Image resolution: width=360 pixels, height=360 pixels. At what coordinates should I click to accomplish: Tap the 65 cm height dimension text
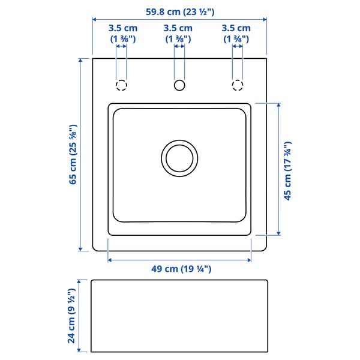point(73,154)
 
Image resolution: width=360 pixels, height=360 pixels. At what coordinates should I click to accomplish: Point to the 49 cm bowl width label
point(179,269)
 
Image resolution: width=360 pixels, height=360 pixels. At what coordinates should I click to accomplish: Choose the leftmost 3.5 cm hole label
point(122,33)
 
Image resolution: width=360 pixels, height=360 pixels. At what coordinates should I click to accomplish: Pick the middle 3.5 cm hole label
point(178,33)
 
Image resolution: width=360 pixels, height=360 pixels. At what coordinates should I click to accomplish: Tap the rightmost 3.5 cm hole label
point(236,33)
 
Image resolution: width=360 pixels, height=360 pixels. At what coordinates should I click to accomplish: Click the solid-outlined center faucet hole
point(179,85)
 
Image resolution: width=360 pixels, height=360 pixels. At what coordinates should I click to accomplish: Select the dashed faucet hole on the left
point(121,85)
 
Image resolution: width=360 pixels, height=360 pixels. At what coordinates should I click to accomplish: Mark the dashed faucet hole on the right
point(238,85)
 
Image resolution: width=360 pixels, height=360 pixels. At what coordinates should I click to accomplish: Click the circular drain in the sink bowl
point(179,157)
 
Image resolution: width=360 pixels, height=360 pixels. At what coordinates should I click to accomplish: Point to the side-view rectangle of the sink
point(179,316)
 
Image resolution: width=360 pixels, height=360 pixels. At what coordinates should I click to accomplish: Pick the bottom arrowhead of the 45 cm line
point(278,232)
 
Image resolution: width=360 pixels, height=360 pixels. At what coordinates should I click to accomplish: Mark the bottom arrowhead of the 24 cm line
point(80,350)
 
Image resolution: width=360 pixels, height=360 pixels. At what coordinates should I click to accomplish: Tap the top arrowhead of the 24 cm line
point(80,281)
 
